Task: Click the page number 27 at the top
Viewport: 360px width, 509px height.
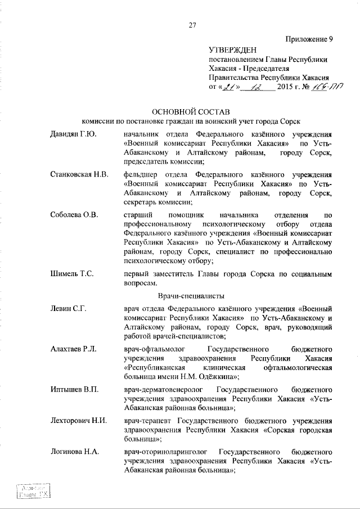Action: pyautogui.click(x=192, y=24)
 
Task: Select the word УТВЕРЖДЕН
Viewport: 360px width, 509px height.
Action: pyautogui.click(x=232, y=51)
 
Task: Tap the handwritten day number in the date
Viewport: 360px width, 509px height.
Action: pyautogui.click(x=228, y=87)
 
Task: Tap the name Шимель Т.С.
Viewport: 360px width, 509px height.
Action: pyautogui.click(x=71, y=273)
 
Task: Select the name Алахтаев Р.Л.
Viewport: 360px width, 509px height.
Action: pyautogui.click(x=73, y=349)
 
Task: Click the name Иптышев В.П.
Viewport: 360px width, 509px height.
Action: pyautogui.click(x=72, y=390)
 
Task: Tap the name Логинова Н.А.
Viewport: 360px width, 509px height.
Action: pyautogui.click(x=74, y=452)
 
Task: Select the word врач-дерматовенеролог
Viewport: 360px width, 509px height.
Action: pyautogui.click(x=165, y=390)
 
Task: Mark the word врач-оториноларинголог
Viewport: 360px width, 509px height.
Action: pyautogui.click(x=166, y=452)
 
